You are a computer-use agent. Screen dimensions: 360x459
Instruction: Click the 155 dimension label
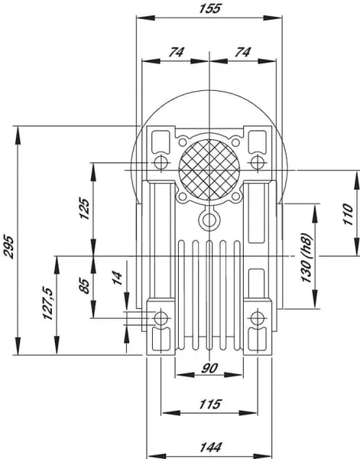coord(209,8)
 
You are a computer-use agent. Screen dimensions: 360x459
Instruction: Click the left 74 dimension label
coord(177,52)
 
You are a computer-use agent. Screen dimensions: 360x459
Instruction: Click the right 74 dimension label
coord(243,52)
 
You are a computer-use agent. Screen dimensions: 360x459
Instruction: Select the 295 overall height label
coord(8,246)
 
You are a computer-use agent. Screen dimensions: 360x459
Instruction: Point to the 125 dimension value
coord(84,209)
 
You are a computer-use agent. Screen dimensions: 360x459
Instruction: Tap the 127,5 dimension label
coord(47,303)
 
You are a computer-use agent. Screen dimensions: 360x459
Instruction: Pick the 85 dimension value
coord(84,286)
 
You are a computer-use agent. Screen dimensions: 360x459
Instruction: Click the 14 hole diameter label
coord(117,278)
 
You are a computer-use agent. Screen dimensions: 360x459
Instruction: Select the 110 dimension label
coord(348,214)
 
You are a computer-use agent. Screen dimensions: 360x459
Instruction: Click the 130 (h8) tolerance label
coord(306,258)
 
